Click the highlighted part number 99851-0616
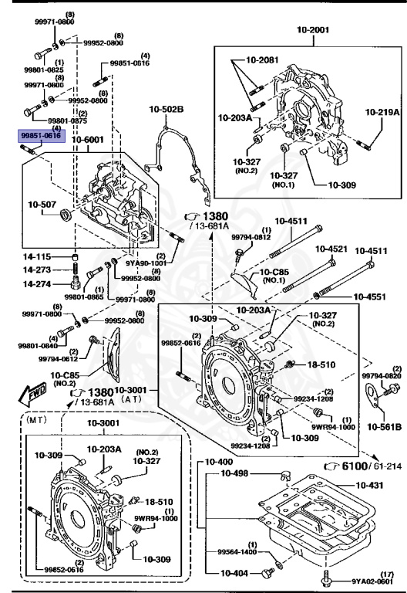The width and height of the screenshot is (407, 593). [x=40, y=135]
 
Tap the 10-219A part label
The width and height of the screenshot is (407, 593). [x=382, y=112]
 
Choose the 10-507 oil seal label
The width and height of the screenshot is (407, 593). [x=42, y=205]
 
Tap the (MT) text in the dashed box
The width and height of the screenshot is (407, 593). [x=36, y=422]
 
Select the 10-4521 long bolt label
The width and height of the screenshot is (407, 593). [x=330, y=249]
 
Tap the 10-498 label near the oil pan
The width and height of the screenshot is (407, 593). [x=236, y=473]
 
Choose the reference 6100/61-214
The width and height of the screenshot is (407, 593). [x=358, y=466]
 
